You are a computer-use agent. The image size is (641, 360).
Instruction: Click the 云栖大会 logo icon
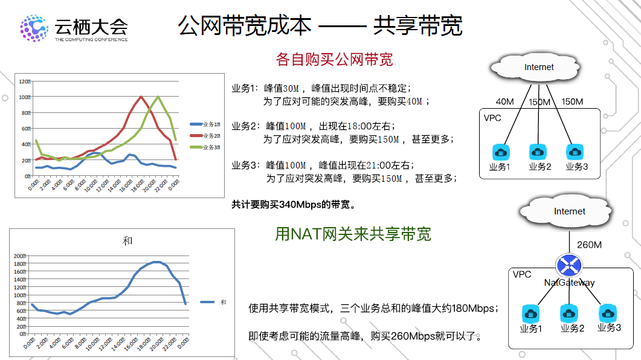[34, 28]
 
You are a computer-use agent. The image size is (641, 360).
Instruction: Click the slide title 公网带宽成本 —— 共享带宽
[320, 25]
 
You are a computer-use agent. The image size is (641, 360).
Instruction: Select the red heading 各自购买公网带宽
[334, 59]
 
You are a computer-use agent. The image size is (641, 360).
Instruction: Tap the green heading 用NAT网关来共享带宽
[353, 234]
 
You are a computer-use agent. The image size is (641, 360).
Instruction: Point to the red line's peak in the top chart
[141, 97]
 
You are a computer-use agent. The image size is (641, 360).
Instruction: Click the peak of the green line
[158, 97]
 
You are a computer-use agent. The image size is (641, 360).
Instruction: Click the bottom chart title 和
[127, 241]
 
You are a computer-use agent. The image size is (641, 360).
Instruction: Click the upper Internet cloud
[539, 67]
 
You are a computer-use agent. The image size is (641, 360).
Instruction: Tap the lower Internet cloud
[569, 211]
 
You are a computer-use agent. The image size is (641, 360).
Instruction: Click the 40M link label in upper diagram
[504, 101]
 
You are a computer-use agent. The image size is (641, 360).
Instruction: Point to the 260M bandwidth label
[589, 245]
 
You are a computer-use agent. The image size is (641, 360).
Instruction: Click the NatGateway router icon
[569, 265]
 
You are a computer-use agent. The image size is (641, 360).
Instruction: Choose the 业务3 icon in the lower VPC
[608, 313]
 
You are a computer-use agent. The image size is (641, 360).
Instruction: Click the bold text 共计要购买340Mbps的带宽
[294, 204]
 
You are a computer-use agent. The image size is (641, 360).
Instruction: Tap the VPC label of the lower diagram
[522, 274]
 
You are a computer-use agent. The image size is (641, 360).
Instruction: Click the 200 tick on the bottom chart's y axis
[20, 256]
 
